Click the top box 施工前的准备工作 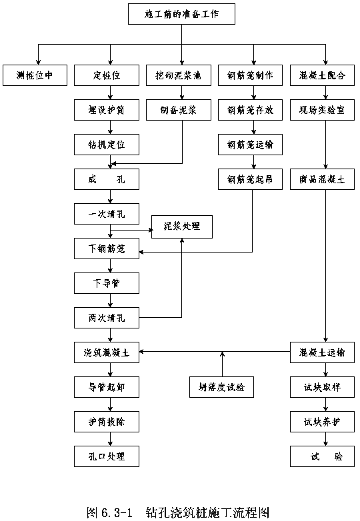181,14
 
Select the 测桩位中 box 35,75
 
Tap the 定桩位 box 107,75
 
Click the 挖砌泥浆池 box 179,75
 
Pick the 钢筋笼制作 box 250,75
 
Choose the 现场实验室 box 322,110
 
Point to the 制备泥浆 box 179,110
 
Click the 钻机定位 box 107,145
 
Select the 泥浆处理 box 182,227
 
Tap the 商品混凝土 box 322,179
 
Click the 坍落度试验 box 222,387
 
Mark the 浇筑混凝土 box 107,352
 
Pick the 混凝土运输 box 322,352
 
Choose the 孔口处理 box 107,456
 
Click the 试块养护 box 322,422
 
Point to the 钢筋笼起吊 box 250,179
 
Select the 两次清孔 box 107,318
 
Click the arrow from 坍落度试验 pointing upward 223,364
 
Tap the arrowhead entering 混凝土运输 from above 325,340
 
